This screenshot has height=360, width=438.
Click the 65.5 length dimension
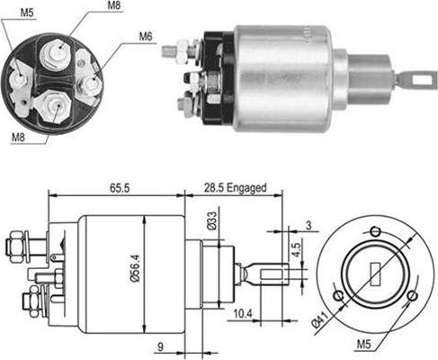pos(120,188)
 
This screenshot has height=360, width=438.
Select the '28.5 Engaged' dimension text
pos(236,188)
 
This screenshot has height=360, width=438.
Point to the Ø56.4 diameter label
pos(135,268)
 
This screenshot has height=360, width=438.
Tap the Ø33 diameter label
pos(211,220)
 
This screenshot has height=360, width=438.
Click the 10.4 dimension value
pos(243,314)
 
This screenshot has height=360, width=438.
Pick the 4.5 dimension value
pos(296,250)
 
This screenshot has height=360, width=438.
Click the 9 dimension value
pos(160,346)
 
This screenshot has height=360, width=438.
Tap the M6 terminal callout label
pos(146,37)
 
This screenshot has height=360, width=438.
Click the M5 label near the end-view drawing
pos(364,345)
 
